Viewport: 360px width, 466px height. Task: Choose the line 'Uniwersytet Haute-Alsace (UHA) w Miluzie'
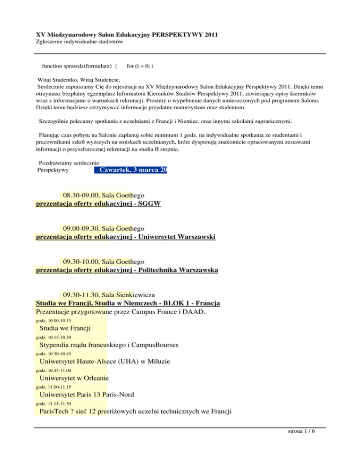(105, 362)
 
